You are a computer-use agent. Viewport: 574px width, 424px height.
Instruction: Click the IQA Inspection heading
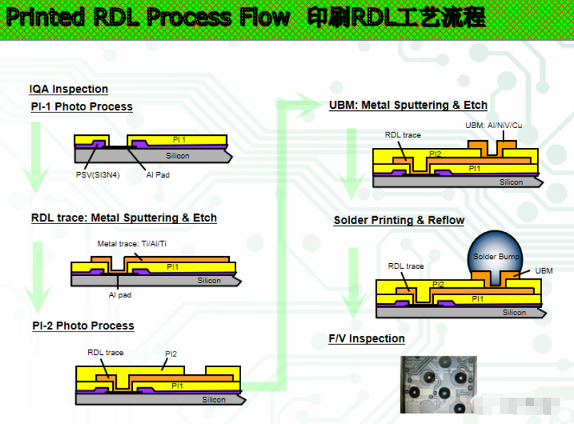click(68, 89)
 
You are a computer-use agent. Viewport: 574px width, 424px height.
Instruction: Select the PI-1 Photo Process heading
click(82, 107)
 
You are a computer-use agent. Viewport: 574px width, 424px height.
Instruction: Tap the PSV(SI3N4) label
click(97, 174)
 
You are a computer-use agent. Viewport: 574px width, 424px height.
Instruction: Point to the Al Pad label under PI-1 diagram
click(157, 174)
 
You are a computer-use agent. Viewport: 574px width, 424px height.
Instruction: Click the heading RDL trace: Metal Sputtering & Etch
click(124, 218)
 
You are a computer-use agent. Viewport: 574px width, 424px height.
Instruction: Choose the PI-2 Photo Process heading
click(83, 326)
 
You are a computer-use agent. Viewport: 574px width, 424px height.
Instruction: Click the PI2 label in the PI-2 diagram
click(171, 354)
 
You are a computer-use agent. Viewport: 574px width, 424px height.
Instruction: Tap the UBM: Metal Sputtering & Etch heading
click(408, 105)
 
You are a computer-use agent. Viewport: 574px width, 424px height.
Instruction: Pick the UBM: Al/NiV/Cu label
click(493, 125)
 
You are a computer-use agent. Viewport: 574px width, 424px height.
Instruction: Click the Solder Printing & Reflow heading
click(399, 221)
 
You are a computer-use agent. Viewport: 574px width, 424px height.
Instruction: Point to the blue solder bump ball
click(496, 253)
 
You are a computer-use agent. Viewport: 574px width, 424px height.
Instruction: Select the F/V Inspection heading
click(366, 339)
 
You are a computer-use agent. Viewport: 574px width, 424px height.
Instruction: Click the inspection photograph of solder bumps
click(438, 383)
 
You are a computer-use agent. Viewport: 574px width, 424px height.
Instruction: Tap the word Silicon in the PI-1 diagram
click(178, 156)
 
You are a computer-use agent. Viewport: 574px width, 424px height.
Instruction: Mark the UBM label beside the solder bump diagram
click(543, 271)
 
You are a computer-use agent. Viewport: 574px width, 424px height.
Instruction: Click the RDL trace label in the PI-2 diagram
click(105, 352)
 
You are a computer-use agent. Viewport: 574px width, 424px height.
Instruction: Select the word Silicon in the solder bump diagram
click(514, 312)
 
